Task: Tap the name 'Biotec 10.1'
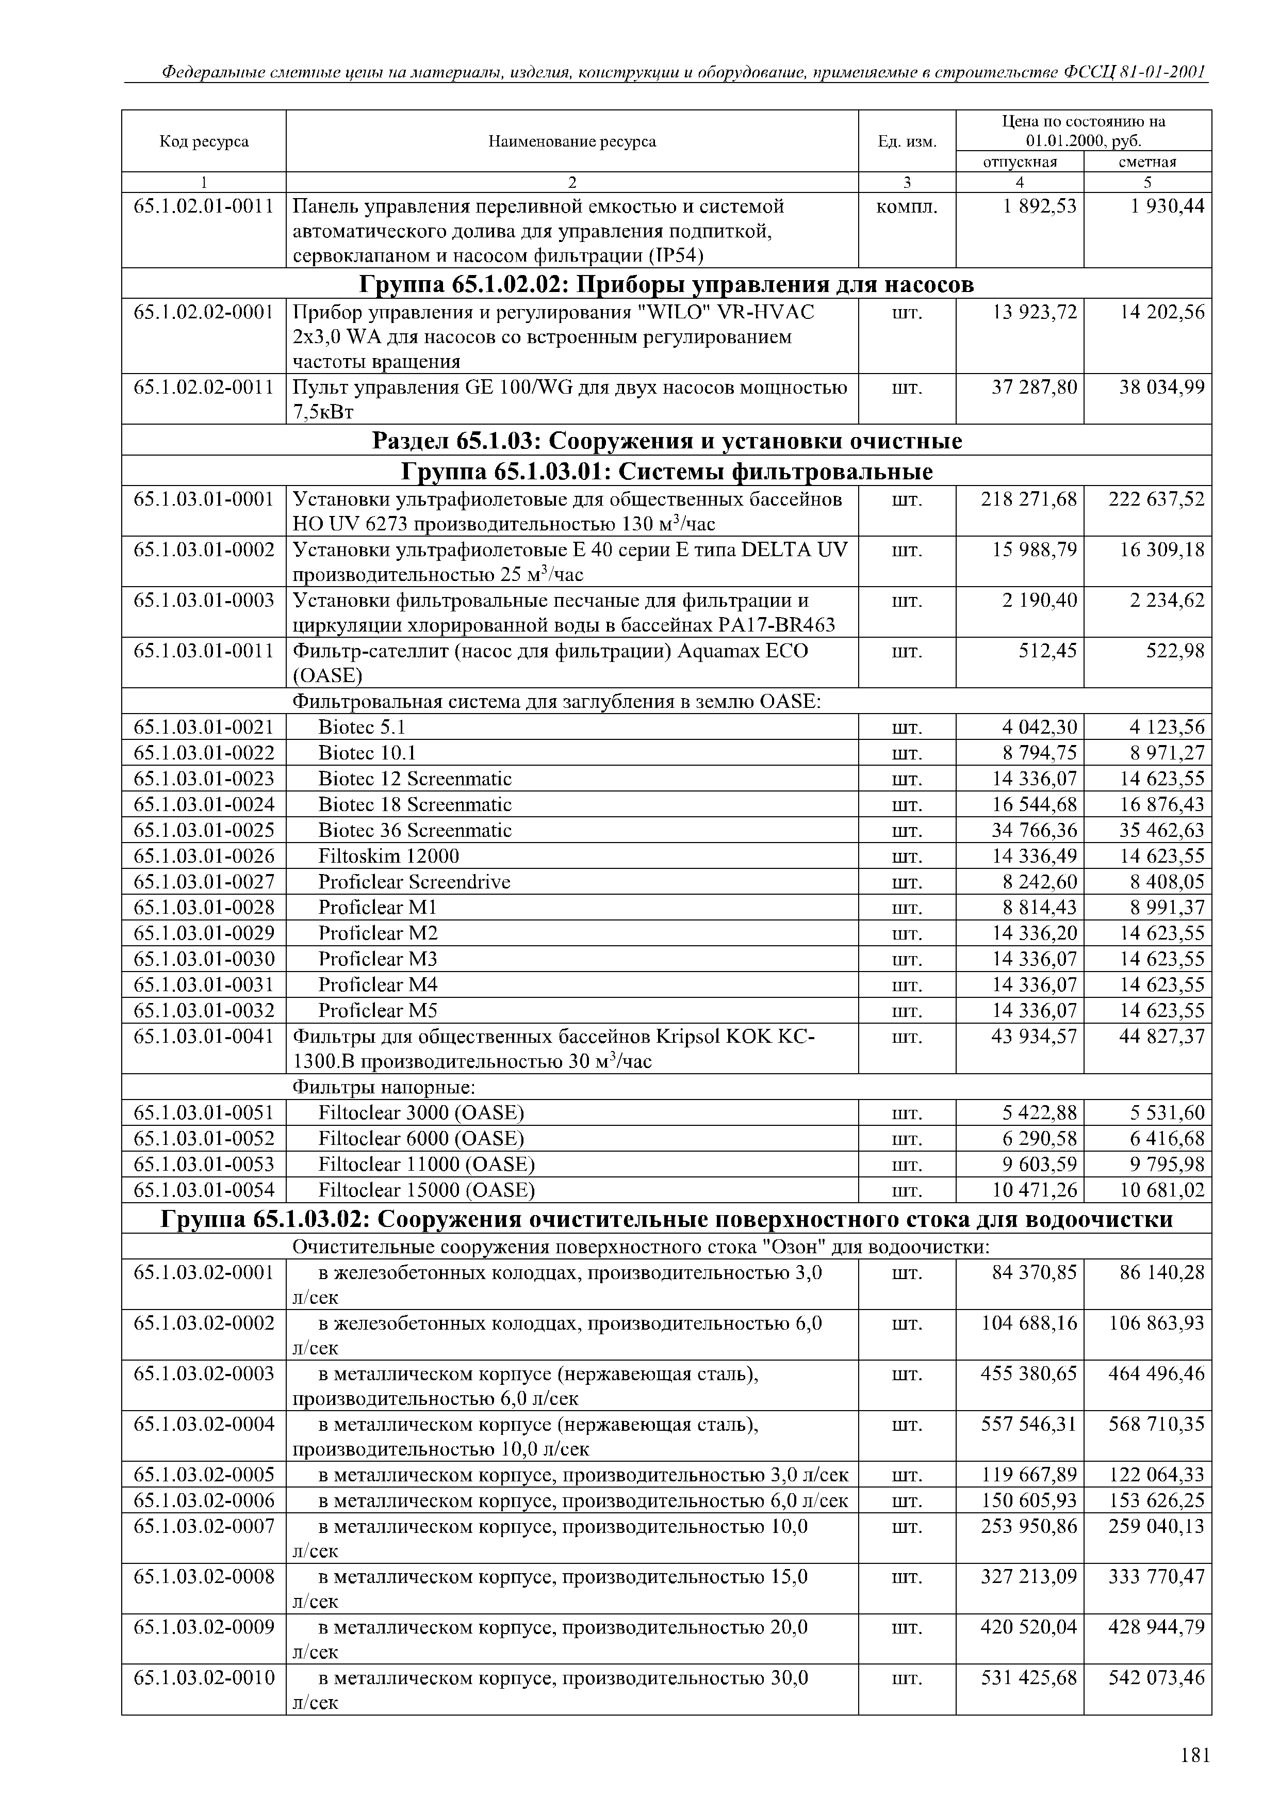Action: click(x=367, y=752)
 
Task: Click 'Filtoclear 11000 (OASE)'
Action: click(x=427, y=1165)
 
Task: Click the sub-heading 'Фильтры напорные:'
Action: click(x=384, y=1087)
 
